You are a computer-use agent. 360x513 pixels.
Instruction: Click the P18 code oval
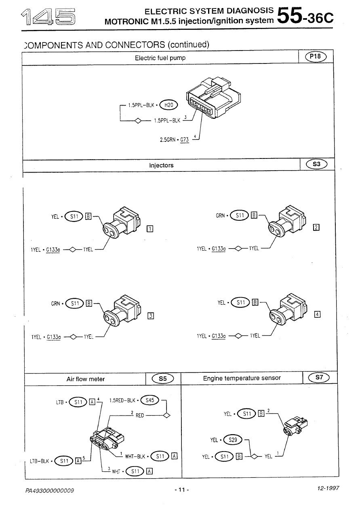click(316, 56)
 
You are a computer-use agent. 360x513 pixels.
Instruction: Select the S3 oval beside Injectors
click(317, 164)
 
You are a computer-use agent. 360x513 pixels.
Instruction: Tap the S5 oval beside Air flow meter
click(163, 378)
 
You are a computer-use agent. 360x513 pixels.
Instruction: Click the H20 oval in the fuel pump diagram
click(168, 105)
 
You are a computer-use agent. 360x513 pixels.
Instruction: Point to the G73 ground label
click(185, 140)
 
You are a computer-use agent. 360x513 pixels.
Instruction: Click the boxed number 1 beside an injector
click(150, 228)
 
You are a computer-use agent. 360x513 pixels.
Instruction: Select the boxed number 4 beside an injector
click(317, 315)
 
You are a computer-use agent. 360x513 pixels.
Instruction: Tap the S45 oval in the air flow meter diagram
click(149, 400)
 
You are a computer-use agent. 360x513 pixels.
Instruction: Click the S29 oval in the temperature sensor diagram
click(233, 439)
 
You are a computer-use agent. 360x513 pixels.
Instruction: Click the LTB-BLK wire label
click(39, 461)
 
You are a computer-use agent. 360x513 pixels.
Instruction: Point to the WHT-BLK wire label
click(135, 456)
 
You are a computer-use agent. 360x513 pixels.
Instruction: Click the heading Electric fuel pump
click(160, 58)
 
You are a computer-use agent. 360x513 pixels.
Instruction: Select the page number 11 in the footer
click(182, 490)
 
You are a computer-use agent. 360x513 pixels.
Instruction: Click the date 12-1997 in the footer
click(328, 488)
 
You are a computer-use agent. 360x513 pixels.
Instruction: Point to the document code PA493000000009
click(50, 490)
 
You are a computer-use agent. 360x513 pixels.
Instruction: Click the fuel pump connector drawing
click(213, 97)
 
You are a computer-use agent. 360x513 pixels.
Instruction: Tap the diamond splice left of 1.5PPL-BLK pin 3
click(138, 120)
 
